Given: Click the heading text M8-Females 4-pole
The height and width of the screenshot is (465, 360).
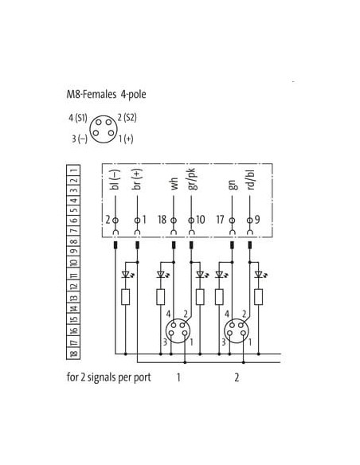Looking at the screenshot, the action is [106, 94].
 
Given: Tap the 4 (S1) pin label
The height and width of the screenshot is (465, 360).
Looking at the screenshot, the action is [78, 118].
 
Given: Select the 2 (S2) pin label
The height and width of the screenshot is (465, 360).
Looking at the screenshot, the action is [127, 117].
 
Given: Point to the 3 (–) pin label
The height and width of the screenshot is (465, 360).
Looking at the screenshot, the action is [80, 139].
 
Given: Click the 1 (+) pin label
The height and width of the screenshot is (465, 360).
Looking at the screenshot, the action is [126, 139].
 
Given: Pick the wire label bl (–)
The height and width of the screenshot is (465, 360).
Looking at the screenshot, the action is [115, 179].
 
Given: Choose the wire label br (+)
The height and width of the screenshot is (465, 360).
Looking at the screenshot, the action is [137, 179].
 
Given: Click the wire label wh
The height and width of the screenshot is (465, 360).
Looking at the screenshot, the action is [174, 184].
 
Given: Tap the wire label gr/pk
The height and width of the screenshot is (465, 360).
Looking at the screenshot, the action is [191, 179].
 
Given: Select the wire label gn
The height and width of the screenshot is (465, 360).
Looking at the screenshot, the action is [233, 185].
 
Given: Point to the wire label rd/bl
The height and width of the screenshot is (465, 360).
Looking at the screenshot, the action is [251, 180].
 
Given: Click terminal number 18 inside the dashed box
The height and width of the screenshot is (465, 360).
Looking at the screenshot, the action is [162, 220].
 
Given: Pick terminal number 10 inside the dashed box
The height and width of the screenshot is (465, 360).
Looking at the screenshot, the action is [201, 220].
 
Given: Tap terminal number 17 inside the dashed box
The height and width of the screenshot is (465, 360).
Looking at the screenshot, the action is [220, 220].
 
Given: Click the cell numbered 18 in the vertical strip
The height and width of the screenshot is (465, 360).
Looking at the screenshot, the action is [73, 354].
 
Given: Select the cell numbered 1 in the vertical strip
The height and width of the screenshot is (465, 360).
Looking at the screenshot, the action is [73, 170].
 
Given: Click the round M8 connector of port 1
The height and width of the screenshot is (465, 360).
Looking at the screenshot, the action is [178, 331].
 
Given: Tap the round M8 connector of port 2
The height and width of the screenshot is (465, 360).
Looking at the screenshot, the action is [237, 331].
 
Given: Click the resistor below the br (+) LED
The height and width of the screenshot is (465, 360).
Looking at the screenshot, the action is [125, 297].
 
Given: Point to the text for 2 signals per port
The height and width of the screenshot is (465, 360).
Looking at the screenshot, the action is [109, 377].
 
